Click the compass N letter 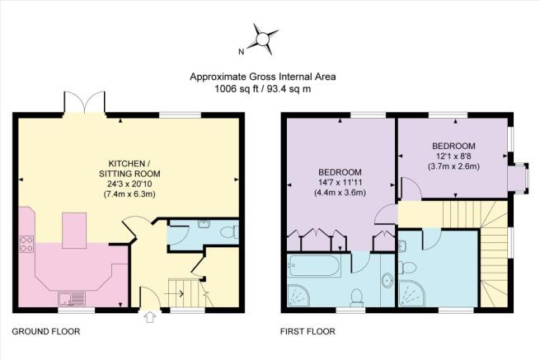coord(242,52)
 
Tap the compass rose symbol coord(262,39)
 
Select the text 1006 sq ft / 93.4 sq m coord(263,89)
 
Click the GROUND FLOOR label coord(46,331)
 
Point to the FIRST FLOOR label coord(308,331)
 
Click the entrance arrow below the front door coord(149,317)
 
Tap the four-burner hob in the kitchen coord(26,244)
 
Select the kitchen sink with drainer coord(72,299)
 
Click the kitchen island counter coord(74,231)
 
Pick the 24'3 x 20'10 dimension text coord(129,184)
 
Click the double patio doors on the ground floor coord(84,102)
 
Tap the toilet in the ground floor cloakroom coord(229,232)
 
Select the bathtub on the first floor coord(314,265)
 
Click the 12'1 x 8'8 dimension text coord(453,157)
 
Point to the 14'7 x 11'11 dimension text coord(340,182)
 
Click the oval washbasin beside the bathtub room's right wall coord(387,280)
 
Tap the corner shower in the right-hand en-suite coord(411,292)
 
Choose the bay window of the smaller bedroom coord(519,178)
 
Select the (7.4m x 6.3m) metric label coord(129,194)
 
